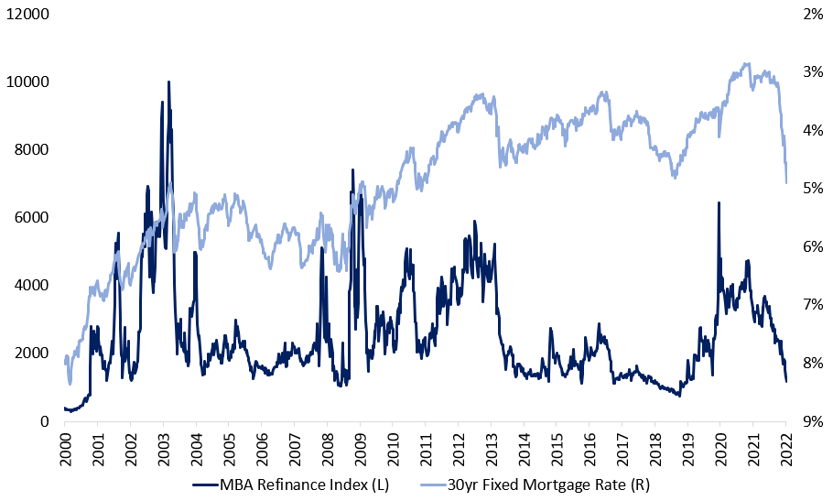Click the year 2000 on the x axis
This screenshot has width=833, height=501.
[65, 449]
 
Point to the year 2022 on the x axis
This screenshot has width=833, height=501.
[785, 449]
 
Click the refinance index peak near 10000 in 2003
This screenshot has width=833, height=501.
[168, 82]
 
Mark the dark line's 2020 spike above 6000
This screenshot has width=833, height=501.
[719, 203]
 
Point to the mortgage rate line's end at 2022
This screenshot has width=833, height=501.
[786, 182]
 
